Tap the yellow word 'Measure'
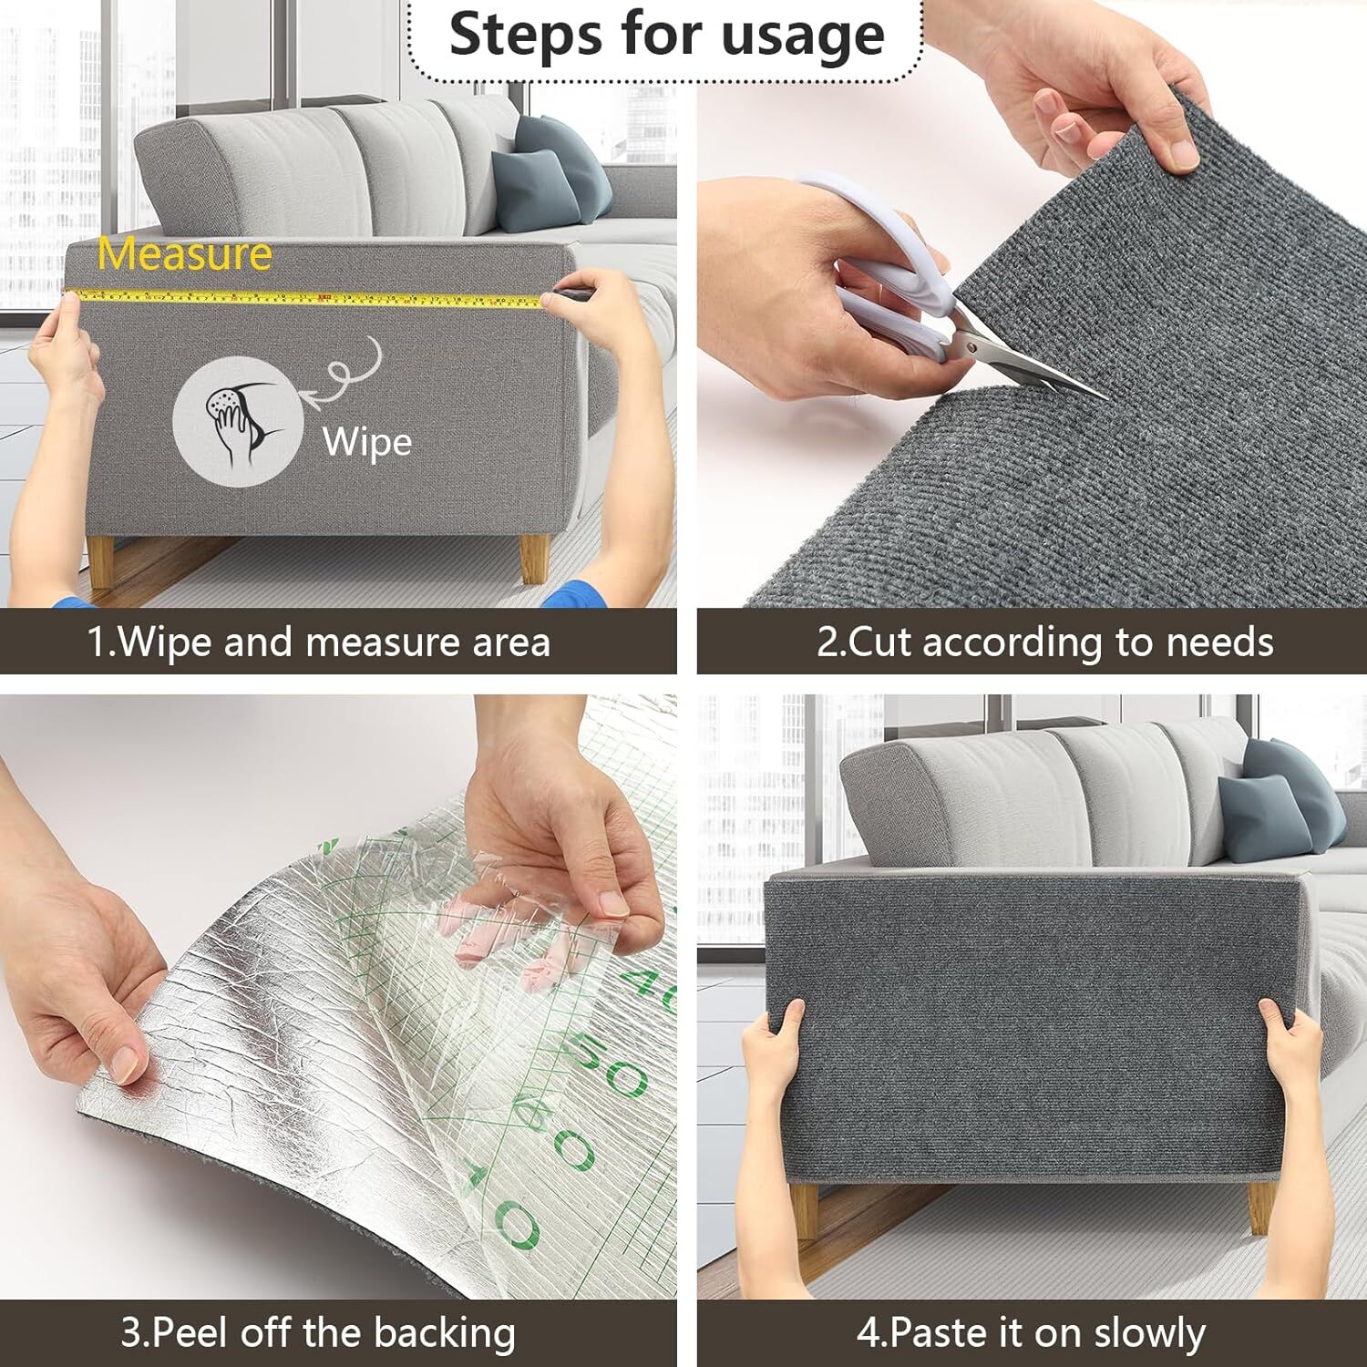point(185,254)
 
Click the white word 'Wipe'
point(367,442)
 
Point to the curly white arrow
point(346,373)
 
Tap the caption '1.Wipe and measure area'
point(319,642)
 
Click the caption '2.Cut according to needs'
point(1044,642)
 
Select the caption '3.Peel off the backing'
point(318,1333)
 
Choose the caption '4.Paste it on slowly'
point(1031,1333)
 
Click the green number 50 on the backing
point(611,1066)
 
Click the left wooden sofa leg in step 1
point(101,565)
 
